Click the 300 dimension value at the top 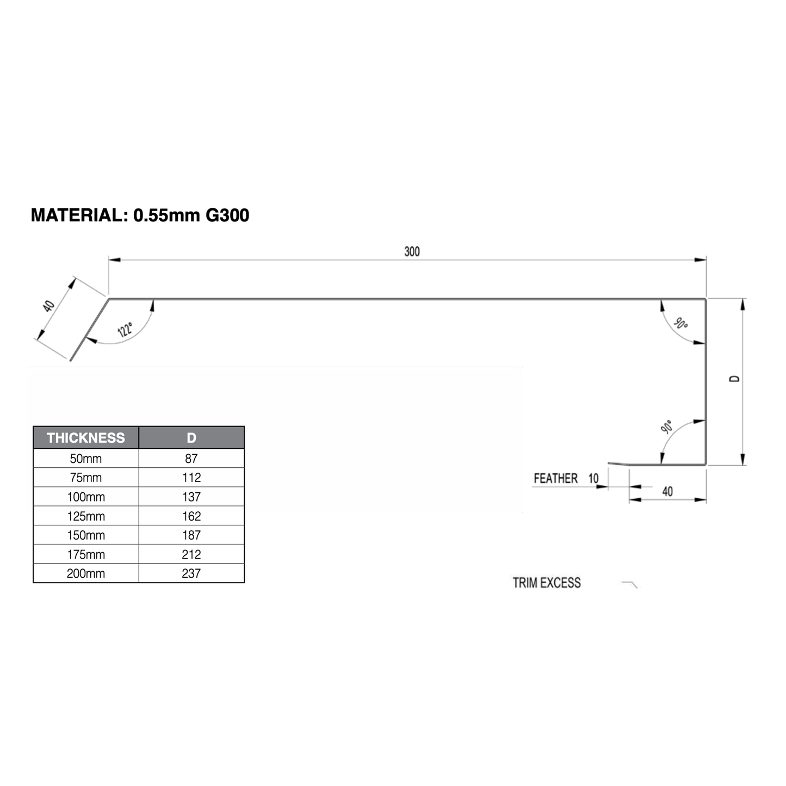pos(412,251)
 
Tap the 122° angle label pos(125,330)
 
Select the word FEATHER pos(555,478)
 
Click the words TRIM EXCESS pos(547,583)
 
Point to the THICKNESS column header pos(85,438)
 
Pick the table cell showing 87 pos(191,459)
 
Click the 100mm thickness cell pos(85,497)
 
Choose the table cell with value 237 pos(191,573)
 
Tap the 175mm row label pos(85,554)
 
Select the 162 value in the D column pos(191,516)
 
